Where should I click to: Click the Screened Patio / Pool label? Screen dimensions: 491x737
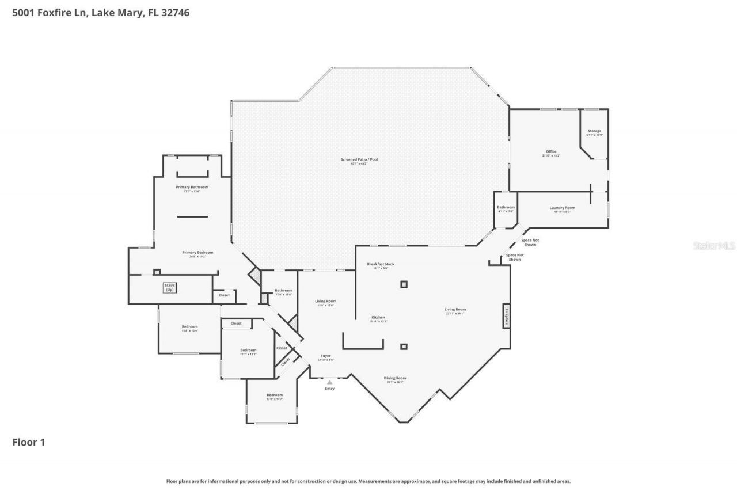click(364, 159)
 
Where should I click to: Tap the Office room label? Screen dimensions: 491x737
click(551, 152)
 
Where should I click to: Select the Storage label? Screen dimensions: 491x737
click(594, 131)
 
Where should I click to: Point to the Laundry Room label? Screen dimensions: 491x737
click(562, 208)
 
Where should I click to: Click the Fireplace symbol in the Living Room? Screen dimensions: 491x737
click(506, 315)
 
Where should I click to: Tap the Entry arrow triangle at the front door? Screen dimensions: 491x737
click(329, 382)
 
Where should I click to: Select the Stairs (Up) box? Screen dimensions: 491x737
click(169, 288)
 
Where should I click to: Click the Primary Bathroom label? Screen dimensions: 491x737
click(192, 188)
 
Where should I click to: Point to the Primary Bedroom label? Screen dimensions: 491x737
click(197, 253)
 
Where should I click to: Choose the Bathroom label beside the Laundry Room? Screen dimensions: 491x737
click(506, 207)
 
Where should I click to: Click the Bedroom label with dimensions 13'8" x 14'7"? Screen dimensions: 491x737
click(274, 395)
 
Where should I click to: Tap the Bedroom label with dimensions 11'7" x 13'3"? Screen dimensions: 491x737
click(248, 351)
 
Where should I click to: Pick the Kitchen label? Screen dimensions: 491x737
click(378, 318)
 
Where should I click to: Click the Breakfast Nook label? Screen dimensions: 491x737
click(381, 264)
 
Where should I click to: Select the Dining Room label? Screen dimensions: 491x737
click(395, 378)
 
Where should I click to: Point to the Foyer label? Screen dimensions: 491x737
click(325, 356)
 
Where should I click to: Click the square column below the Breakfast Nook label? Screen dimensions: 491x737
click(404, 284)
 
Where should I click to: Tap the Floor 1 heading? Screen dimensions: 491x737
click(29, 443)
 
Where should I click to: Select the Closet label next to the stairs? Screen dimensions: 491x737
click(224, 295)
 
